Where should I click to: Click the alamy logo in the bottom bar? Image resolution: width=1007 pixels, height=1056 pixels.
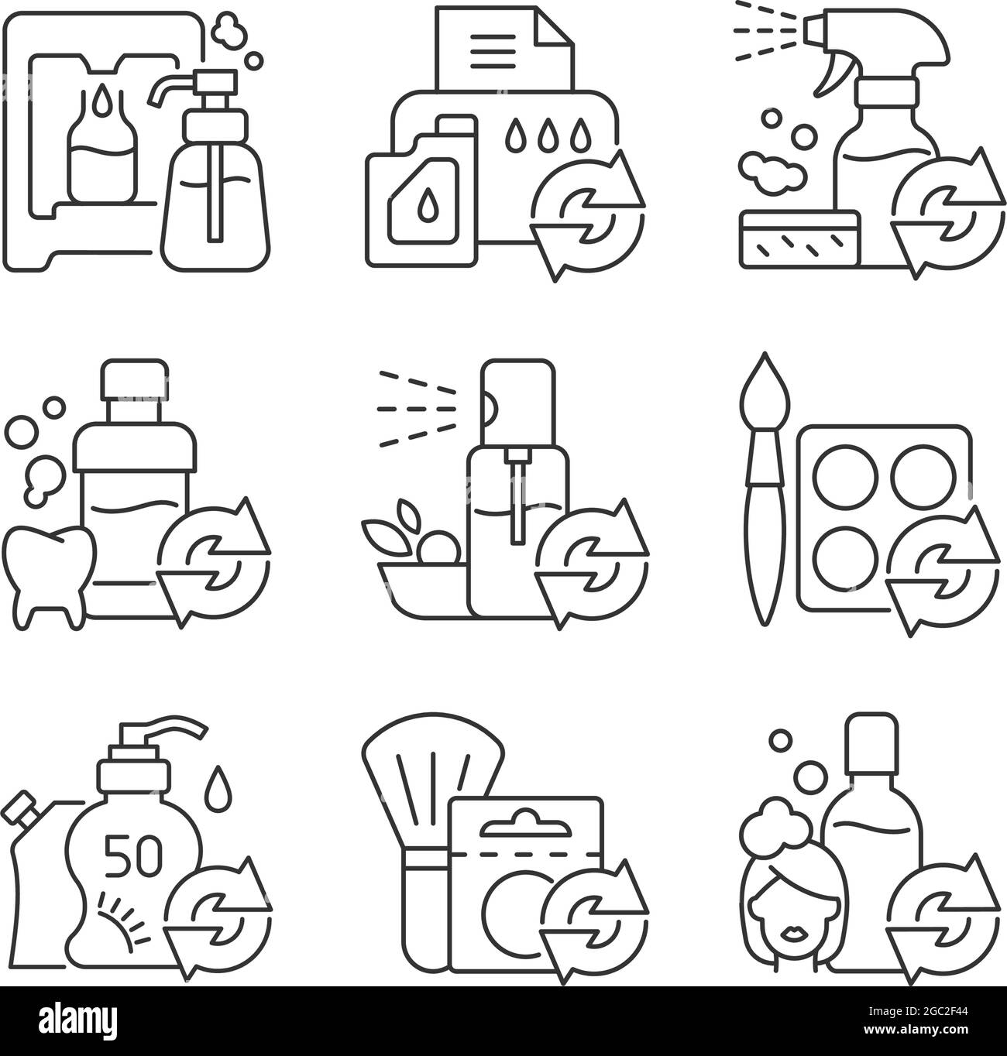(x=77, y=1021)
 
